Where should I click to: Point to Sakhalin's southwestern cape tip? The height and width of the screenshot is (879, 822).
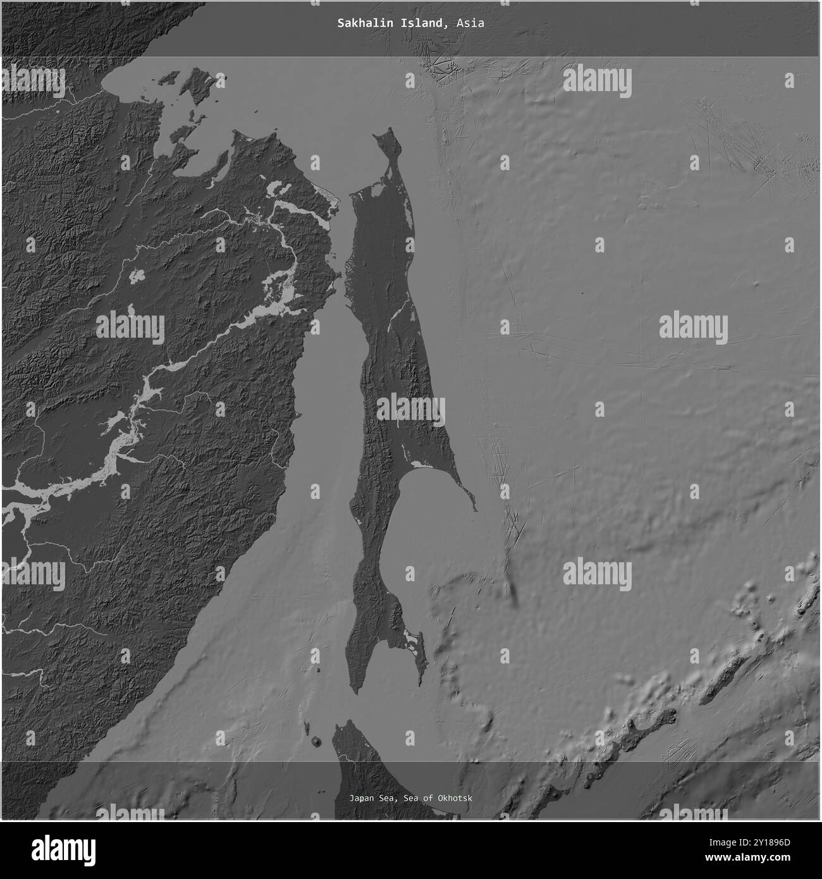(x=353, y=694)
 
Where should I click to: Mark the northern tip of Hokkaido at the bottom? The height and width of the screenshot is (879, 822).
(x=347, y=721)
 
